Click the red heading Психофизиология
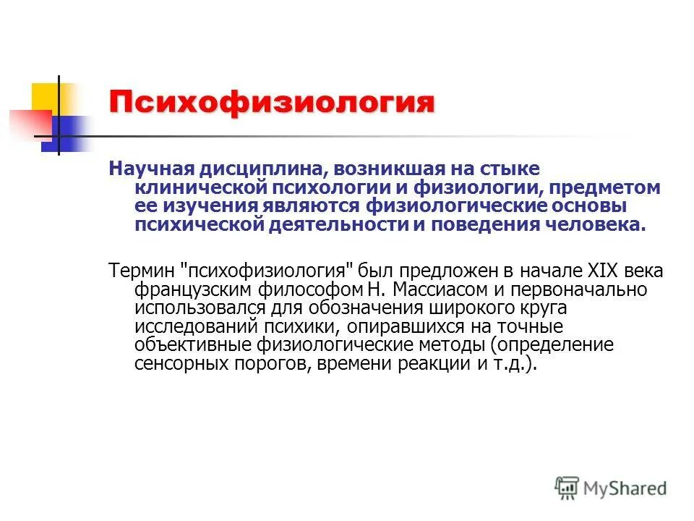click(272, 103)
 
